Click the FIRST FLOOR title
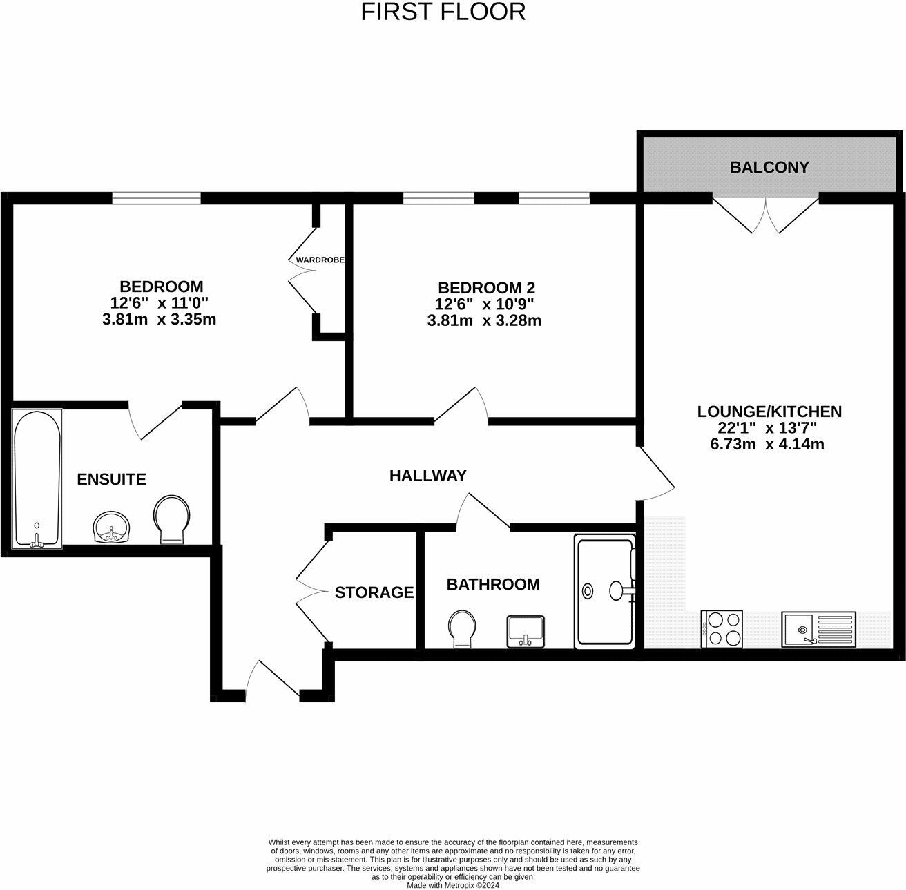443,12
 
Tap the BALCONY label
769,167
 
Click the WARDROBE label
320,260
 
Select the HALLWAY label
428,475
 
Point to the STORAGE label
374,592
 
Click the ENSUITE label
111,479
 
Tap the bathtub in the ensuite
37,478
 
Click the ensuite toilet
172,519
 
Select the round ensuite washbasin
112,527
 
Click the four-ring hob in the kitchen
722,628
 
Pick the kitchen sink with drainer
818,629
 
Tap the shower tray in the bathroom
605,592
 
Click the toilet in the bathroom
462,629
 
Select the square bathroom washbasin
526,631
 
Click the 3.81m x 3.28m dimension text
484,320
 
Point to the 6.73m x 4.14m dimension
767,444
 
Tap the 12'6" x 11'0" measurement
159,302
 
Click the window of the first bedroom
157,198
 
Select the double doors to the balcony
765,215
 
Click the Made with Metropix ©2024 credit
453,885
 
